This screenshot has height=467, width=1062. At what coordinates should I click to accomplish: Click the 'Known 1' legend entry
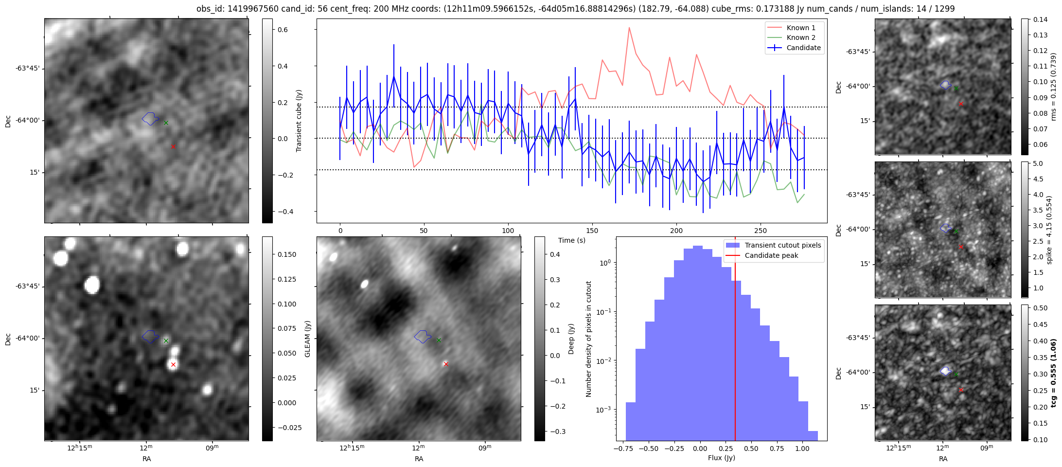click(800, 28)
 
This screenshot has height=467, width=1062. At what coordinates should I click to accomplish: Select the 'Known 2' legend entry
click(800, 37)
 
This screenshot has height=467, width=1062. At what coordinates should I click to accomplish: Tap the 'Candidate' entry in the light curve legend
click(803, 48)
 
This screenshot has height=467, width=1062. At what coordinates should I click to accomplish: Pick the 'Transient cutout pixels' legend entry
click(782, 245)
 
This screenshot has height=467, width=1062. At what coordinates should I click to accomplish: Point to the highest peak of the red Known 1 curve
click(629, 28)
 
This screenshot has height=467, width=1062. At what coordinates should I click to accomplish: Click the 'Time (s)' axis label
click(571, 240)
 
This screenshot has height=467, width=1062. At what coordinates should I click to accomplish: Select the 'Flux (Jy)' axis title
click(721, 458)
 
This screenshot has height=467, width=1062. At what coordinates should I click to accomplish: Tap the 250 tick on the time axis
click(760, 231)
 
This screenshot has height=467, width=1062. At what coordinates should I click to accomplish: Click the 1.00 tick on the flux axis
click(802, 449)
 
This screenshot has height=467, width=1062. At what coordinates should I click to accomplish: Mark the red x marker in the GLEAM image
click(173, 364)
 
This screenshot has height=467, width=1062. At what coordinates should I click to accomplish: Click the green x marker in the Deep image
click(439, 340)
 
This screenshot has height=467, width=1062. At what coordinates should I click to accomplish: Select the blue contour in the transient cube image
click(150, 118)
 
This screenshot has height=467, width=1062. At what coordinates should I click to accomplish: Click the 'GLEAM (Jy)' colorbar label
click(307, 339)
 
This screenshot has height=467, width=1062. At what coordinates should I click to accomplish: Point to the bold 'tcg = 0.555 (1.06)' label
click(1053, 373)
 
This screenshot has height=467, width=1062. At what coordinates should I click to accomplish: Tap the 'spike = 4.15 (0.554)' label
click(1049, 230)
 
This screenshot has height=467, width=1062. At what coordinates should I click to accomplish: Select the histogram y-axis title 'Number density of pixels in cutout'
click(588, 339)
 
